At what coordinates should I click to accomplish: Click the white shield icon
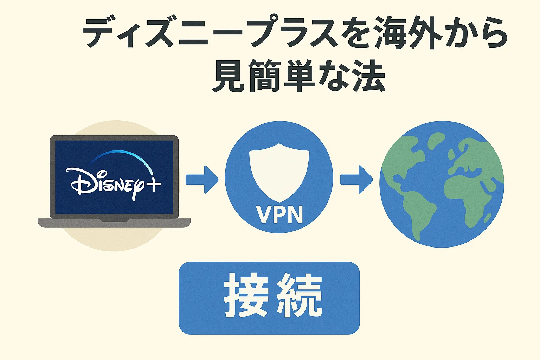point(279,172)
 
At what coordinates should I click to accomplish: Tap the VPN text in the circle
point(279,214)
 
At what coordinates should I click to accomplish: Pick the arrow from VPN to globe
point(356,179)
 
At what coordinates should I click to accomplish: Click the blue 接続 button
point(269,298)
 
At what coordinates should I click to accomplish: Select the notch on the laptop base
point(114,220)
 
